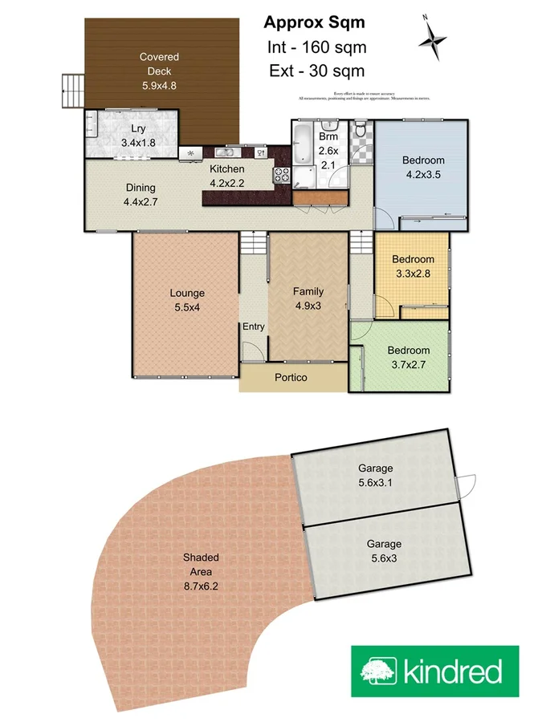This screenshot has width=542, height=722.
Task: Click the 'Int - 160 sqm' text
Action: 315,47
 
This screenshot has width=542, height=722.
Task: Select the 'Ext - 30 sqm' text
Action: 316,71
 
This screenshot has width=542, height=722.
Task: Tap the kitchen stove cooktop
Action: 283,175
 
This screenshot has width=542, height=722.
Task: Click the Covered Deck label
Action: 159,64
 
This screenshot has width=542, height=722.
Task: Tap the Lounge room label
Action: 187,293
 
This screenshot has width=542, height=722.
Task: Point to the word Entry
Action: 254,327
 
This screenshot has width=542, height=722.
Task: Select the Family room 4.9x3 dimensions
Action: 308,305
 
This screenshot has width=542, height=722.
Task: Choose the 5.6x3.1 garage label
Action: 375,482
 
